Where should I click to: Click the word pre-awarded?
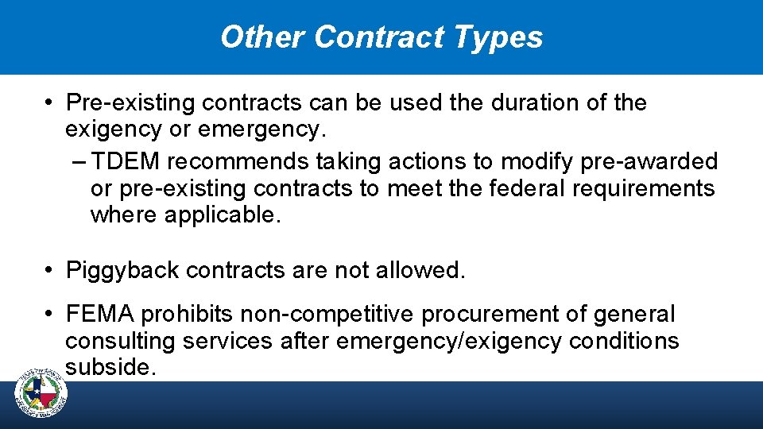click(x=649, y=162)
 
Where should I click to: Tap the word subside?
click(x=108, y=368)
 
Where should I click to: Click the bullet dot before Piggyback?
click(x=49, y=271)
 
